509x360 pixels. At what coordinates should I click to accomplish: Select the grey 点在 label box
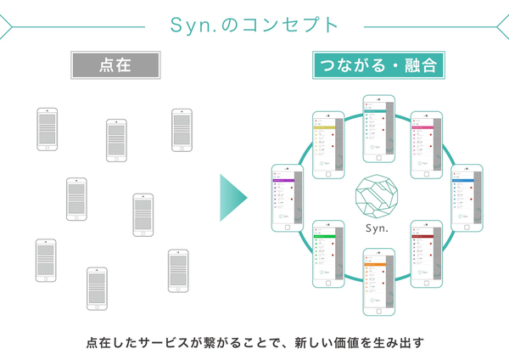click(x=115, y=65)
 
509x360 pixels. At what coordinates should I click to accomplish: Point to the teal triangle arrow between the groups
click(x=232, y=198)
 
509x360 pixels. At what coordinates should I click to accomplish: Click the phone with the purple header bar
click(x=287, y=197)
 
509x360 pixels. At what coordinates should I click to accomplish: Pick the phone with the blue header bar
click(x=466, y=197)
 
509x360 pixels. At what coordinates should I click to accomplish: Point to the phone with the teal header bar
click(x=378, y=127)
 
